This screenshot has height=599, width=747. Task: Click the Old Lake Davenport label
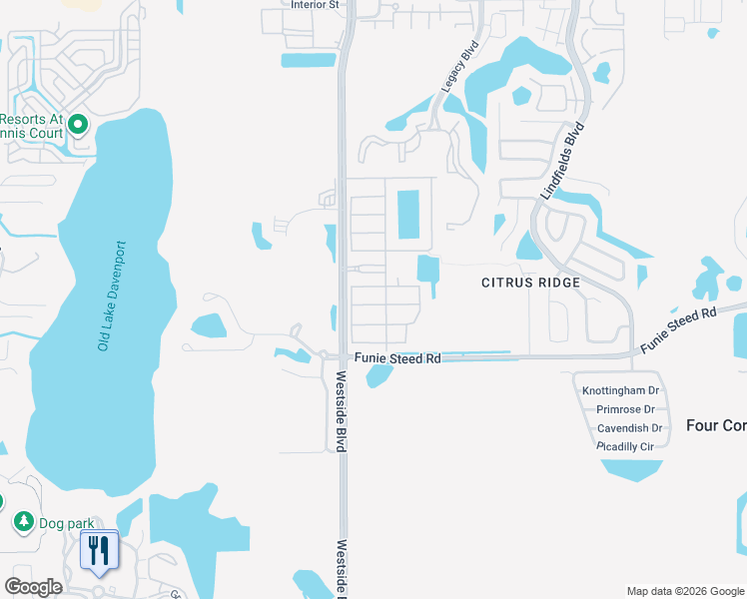[111, 296]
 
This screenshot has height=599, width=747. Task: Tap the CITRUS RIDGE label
[530, 283]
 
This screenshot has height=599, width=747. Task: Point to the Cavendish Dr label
[625, 428]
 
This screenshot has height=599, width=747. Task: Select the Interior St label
[316, 5]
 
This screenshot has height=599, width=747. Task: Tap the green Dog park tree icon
[22, 521]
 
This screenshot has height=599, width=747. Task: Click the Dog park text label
[64, 522]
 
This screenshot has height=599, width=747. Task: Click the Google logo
[33, 587]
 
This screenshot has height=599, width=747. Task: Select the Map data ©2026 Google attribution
[685, 591]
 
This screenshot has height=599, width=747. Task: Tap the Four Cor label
[716, 425]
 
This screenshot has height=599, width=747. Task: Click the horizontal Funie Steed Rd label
[395, 358]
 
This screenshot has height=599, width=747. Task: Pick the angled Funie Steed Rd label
[679, 328]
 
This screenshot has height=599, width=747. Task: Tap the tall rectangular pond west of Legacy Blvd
[408, 215]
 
